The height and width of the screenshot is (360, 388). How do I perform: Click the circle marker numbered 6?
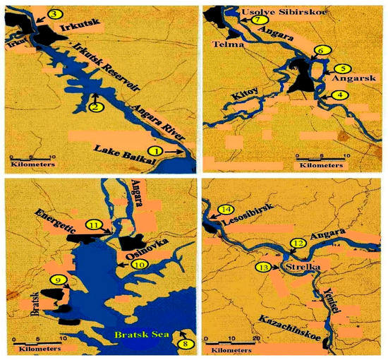point(322,51)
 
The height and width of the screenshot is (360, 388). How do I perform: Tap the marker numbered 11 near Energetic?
point(98,224)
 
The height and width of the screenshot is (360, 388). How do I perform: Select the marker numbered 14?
point(225,210)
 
